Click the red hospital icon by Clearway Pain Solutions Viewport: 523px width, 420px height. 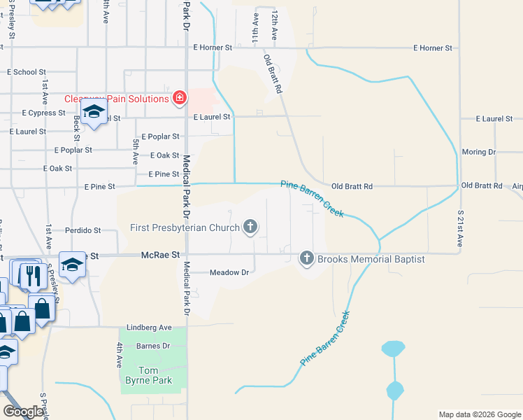tap(180, 97)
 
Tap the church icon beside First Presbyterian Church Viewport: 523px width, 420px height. tap(250, 227)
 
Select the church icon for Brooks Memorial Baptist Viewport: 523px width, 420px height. tap(306, 258)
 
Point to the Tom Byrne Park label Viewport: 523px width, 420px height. tap(155, 376)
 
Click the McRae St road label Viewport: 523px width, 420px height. tap(161, 256)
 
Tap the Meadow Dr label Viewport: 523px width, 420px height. tap(229, 272)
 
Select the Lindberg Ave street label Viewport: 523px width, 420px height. tap(149, 327)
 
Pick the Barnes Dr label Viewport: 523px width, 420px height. tap(153, 346)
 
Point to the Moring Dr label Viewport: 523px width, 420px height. tap(479, 152)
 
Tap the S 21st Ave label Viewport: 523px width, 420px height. tap(460, 227)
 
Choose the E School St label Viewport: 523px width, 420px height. tap(26, 72)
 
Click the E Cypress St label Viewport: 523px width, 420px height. tap(43, 113)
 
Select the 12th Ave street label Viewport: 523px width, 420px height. tap(275, 24)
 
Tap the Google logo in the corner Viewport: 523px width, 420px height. tap(24, 412)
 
